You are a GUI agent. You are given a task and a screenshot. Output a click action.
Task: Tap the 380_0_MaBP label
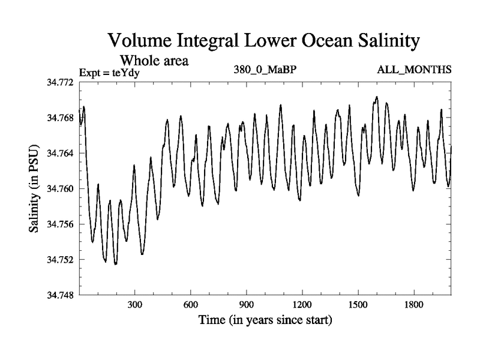(x=265, y=70)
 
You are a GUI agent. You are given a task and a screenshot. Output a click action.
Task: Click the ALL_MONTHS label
(x=414, y=70)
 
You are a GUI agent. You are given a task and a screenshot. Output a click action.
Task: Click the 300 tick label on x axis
(x=135, y=305)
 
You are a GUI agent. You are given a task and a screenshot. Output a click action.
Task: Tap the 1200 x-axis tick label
(x=302, y=305)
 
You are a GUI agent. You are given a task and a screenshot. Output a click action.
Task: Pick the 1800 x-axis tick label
(x=413, y=305)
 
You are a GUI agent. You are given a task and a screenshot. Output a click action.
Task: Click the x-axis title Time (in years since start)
(x=265, y=320)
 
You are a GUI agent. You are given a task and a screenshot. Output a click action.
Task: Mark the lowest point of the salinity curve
(x=115, y=263)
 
